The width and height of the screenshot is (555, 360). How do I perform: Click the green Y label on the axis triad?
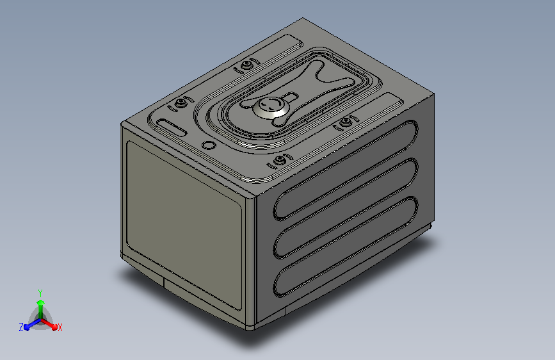tap(40, 293)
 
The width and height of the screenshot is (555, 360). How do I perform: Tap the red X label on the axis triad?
tap(60, 328)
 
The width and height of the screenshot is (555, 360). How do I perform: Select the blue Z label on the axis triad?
tap(21, 327)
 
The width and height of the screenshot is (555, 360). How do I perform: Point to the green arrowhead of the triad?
tap(41, 303)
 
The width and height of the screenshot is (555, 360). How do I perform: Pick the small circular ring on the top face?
tap(209, 145)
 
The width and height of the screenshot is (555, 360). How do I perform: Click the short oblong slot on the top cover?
tap(172, 127)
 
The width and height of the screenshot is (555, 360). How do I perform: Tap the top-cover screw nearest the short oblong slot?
tap(181, 104)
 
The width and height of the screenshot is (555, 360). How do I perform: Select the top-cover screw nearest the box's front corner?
tap(280, 161)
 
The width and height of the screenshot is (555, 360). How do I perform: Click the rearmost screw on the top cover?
tap(246, 65)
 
